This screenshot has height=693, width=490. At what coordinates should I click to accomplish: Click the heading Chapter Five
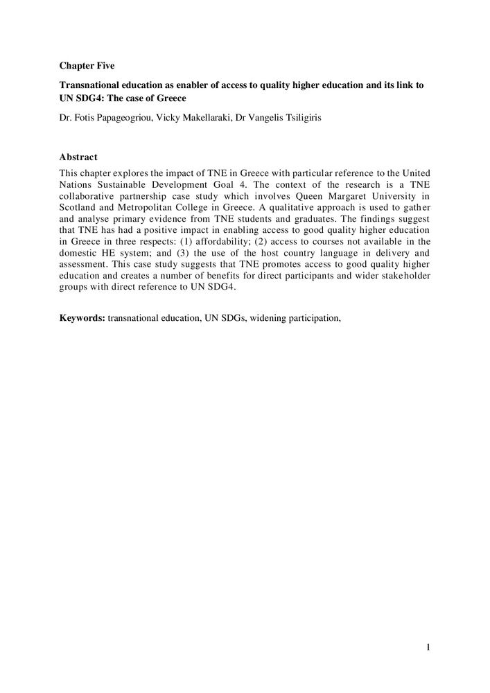(x=87, y=66)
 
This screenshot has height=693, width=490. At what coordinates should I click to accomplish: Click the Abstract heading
(x=78, y=157)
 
